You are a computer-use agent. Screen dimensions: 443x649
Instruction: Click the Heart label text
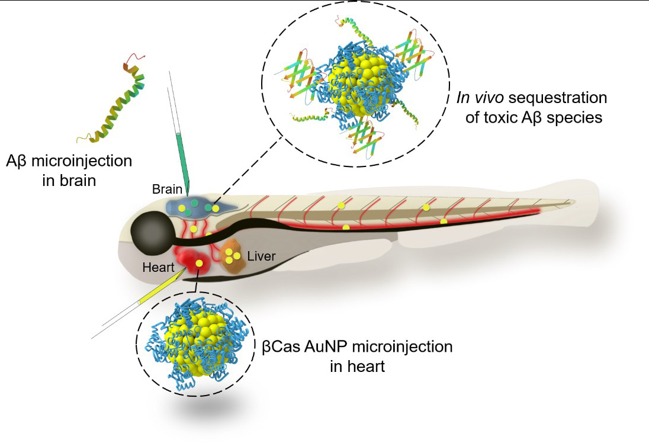coord(158,267)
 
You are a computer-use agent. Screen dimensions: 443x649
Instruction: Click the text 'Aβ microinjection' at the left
coord(69,161)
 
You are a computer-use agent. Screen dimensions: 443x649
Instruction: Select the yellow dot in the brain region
coord(215,208)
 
